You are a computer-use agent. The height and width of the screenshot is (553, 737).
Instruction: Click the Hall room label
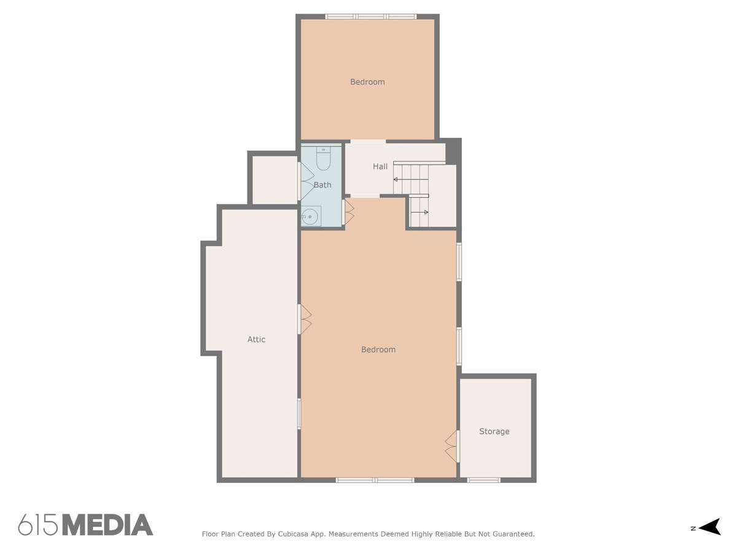[x=380, y=166]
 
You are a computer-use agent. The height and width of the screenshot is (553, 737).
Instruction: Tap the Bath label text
[x=322, y=185]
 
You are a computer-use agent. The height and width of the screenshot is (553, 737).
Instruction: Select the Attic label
[x=256, y=339]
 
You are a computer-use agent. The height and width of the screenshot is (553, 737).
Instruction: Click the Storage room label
[x=494, y=431]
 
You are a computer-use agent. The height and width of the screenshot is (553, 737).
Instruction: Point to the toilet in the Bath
[x=323, y=159]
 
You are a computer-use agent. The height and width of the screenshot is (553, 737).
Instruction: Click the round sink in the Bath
[x=310, y=217]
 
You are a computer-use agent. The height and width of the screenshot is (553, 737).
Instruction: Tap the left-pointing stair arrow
[x=411, y=179]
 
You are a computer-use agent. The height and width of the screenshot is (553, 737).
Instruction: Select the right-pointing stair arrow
[x=419, y=212]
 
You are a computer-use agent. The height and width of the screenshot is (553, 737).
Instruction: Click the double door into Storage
[x=452, y=446]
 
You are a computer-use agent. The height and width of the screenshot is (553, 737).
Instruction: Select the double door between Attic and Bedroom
[x=305, y=320]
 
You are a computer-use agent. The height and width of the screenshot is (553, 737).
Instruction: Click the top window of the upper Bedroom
[x=371, y=17]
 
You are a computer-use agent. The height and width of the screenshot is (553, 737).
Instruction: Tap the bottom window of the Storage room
[x=483, y=480]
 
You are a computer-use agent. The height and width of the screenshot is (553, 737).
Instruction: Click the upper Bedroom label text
[x=367, y=82]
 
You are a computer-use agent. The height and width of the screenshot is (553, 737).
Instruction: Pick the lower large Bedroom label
[x=378, y=349]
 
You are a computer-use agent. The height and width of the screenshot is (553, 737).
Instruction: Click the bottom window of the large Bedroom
[x=375, y=480]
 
